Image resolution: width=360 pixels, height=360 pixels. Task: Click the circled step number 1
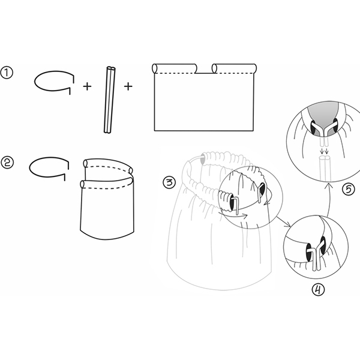[x=7, y=73]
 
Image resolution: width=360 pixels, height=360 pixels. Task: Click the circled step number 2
[x=8, y=163]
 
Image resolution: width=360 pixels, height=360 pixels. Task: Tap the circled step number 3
[x=169, y=183]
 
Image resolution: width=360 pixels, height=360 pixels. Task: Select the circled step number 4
[x=318, y=290]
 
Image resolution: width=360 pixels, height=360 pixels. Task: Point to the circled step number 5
[x=349, y=190]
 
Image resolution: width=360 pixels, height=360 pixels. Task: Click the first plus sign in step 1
[x=87, y=86]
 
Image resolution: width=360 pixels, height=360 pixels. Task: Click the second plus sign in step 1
[x=128, y=86]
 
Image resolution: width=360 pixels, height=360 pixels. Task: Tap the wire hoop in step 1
[x=54, y=81]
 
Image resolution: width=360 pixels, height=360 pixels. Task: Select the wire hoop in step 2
[x=49, y=168]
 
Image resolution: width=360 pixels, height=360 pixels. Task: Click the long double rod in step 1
[x=109, y=100]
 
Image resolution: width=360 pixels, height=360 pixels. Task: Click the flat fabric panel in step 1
[x=204, y=97]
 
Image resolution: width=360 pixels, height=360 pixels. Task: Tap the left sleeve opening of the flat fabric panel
[x=155, y=68]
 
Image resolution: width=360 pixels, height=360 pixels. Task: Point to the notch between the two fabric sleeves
[x=205, y=70]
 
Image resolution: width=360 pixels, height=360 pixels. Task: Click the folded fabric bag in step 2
[x=107, y=199]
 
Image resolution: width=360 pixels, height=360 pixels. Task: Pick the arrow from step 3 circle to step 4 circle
[x=283, y=221]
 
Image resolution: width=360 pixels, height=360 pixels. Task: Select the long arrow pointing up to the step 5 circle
[x=328, y=198]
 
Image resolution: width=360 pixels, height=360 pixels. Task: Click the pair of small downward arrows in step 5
[x=324, y=151]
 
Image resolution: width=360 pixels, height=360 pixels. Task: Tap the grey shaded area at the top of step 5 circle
[x=323, y=116]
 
